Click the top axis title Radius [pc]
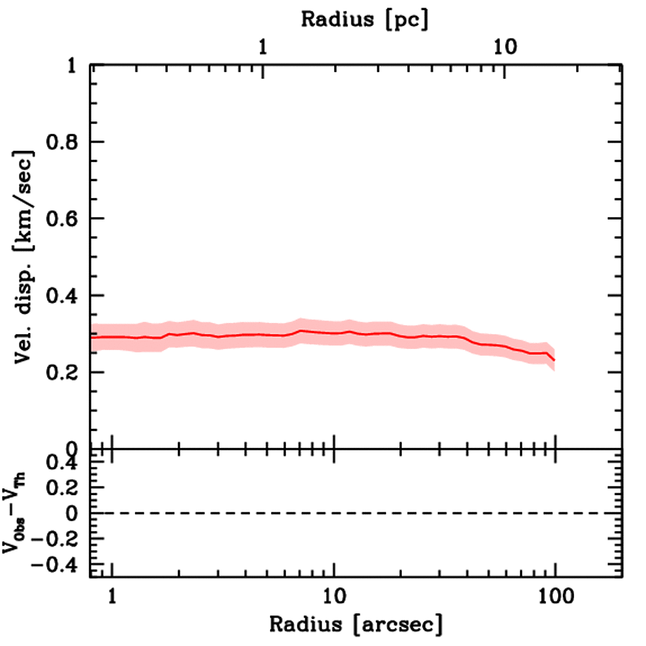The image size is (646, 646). point(364,19)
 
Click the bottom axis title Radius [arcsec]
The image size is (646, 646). point(356,625)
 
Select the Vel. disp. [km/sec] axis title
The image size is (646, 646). point(27,257)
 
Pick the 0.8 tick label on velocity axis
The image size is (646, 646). point(65,143)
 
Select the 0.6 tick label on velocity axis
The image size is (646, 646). point(65,219)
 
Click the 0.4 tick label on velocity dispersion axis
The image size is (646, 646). point(65,296)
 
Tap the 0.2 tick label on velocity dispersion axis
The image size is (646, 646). point(65,373)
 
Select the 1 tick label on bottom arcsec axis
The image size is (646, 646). point(112,596)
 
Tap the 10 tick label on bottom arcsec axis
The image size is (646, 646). point(334,596)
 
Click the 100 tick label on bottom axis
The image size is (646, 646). point(555,596)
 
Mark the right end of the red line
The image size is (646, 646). point(555,360)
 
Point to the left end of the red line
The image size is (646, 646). point(92,337)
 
